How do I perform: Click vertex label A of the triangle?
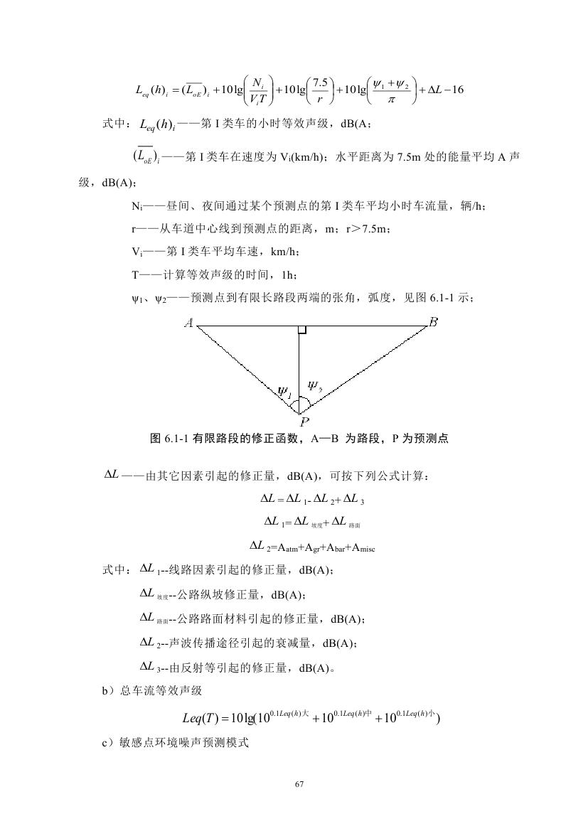point(189,323)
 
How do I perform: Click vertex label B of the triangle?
point(433,322)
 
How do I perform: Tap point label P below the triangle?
point(304,422)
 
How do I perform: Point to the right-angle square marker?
point(302,330)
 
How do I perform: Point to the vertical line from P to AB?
point(299,370)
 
